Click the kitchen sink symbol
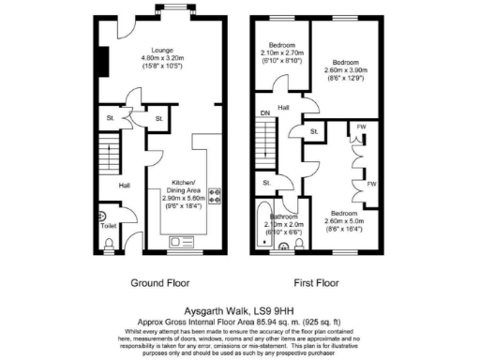click(180, 242)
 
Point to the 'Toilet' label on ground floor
click(111, 226)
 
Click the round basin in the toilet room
click(103, 216)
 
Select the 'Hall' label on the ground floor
click(124, 185)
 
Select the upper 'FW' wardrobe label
click(362, 127)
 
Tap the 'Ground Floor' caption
click(159, 280)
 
